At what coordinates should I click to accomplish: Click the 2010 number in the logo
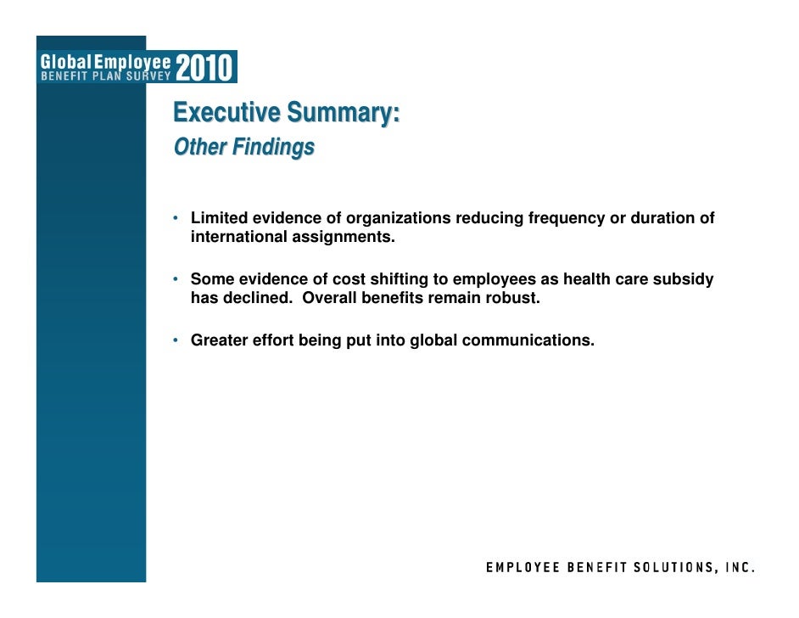[x=206, y=67]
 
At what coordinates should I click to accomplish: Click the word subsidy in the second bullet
[x=684, y=279]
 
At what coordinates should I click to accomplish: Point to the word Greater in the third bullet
[x=217, y=340]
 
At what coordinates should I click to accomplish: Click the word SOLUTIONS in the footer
[x=662, y=569]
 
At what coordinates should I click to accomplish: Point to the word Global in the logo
[x=70, y=61]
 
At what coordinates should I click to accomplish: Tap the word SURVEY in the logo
[x=146, y=74]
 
